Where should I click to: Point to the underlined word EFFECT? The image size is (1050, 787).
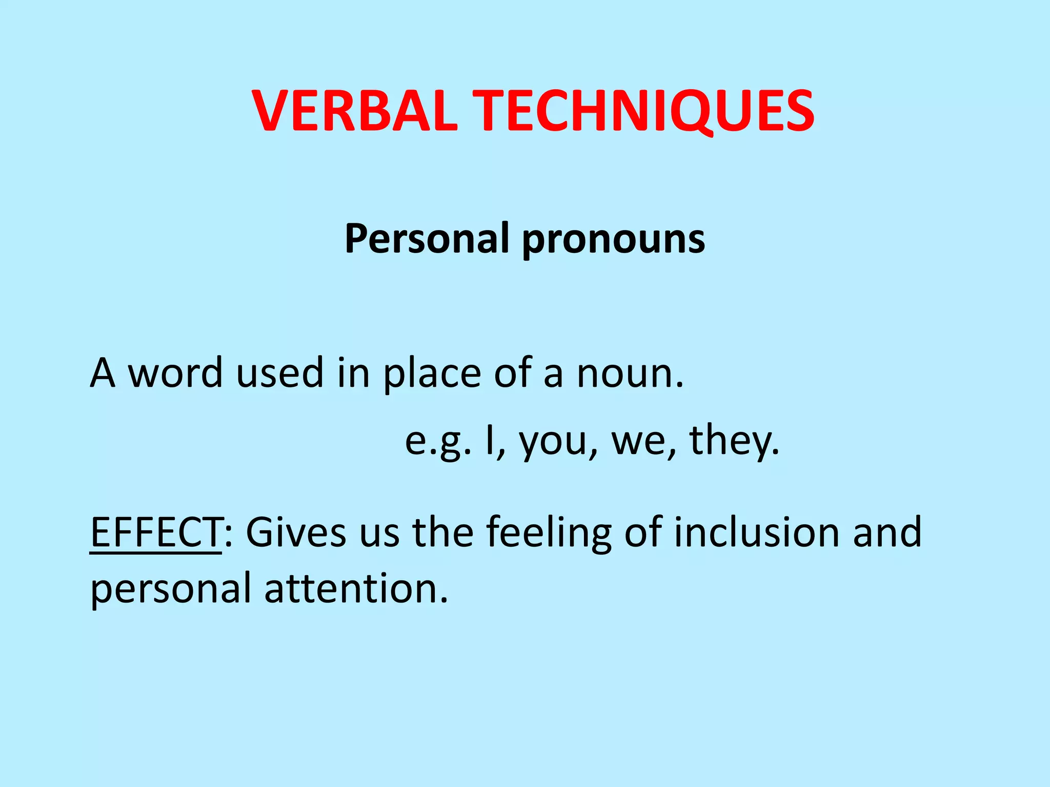click(x=155, y=532)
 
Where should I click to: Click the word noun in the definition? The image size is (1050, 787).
click(x=630, y=373)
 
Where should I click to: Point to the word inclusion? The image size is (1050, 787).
click(x=756, y=532)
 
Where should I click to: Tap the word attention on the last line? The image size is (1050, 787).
click(x=356, y=588)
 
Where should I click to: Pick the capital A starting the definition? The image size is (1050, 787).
click(x=102, y=373)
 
